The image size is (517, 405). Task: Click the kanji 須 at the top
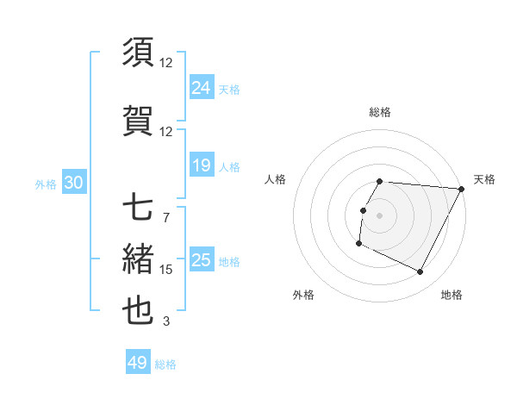pyautogui.click(x=139, y=53)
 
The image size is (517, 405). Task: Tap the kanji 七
pyautogui.click(x=139, y=207)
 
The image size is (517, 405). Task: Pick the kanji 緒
pyautogui.click(x=139, y=259)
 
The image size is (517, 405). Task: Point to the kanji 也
pyautogui.click(x=139, y=311)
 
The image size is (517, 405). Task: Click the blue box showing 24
pyautogui.click(x=202, y=87)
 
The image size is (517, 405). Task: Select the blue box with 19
pyautogui.click(x=202, y=165)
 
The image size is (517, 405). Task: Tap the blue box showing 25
pyautogui.click(x=202, y=260)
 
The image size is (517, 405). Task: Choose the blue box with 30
pyautogui.click(x=73, y=183)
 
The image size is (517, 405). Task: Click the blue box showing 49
pyautogui.click(x=138, y=363)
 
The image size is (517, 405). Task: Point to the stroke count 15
pyautogui.click(x=166, y=270)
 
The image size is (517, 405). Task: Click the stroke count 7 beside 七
pyautogui.click(x=165, y=217)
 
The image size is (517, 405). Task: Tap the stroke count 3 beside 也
pyautogui.click(x=165, y=321)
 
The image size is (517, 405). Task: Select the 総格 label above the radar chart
pyautogui.click(x=380, y=112)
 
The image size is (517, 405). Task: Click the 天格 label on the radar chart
pyautogui.click(x=484, y=179)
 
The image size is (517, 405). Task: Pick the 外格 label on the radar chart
pyautogui.click(x=303, y=295)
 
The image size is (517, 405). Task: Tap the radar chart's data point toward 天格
pyautogui.click(x=461, y=189)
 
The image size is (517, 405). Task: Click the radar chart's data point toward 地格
pyautogui.click(x=420, y=272)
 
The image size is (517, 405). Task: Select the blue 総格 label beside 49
pyautogui.click(x=165, y=364)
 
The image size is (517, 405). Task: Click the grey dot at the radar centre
pyautogui.click(x=380, y=215)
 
